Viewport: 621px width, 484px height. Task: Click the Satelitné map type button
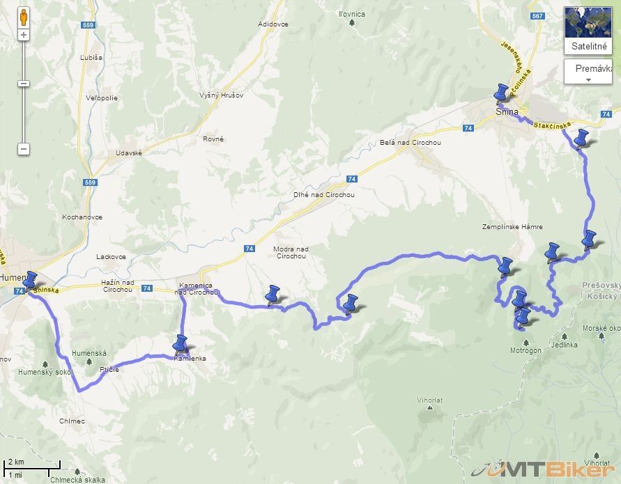click(x=588, y=31)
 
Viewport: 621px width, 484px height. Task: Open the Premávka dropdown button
click(x=588, y=72)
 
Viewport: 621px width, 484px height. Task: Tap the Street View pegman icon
click(x=24, y=17)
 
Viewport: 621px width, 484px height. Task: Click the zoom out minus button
click(x=24, y=149)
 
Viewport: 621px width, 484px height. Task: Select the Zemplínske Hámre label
click(x=512, y=227)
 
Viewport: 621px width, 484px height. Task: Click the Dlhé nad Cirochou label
click(x=324, y=195)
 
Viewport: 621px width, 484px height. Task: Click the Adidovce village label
click(x=273, y=24)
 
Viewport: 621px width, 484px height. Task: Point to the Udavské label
click(x=129, y=153)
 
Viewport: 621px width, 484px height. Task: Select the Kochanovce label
click(x=82, y=217)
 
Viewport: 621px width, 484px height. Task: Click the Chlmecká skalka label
click(x=77, y=479)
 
